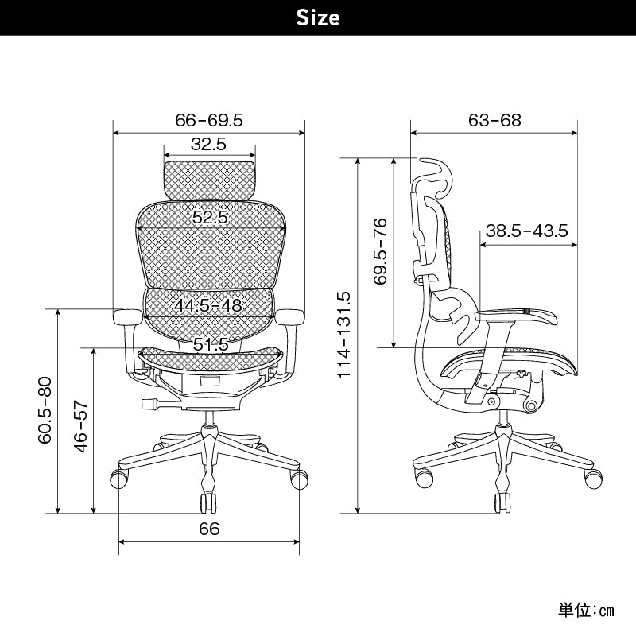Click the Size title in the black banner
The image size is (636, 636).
coord(317,17)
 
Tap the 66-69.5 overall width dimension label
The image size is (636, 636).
coord(209,120)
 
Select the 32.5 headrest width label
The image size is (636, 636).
coord(208,144)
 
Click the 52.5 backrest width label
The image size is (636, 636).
coord(210,217)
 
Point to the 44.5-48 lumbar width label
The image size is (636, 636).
coord(208,305)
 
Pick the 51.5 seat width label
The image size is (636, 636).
coord(211,344)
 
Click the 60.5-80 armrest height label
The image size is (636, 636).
coord(45,410)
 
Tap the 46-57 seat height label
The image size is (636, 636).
coord(81,426)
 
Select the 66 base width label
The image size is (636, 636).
coord(209,529)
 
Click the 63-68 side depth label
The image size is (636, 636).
coord(494,120)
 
